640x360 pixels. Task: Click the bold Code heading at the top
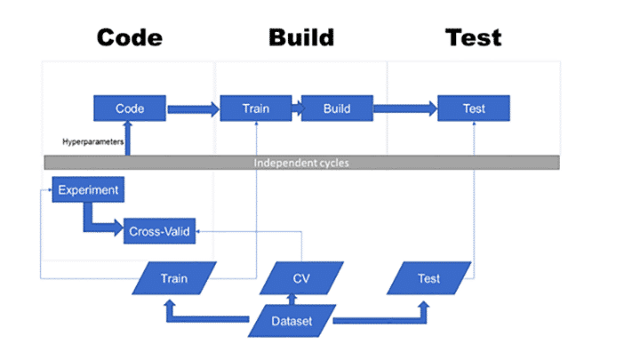(130, 37)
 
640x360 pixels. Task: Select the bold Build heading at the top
(300, 37)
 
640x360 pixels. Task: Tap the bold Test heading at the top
(473, 37)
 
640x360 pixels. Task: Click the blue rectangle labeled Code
(130, 109)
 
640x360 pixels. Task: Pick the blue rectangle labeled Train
(255, 109)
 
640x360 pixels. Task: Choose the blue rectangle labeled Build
(336, 109)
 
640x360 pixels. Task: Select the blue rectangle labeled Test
(473, 109)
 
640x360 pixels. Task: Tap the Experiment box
(86, 190)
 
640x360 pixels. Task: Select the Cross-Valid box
(159, 230)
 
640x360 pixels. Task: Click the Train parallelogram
(174, 278)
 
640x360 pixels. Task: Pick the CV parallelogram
(300, 278)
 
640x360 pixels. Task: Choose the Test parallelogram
(428, 278)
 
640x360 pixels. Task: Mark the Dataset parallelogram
(292, 320)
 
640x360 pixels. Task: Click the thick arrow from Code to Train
(192, 109)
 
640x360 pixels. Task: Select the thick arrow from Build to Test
(404, 109)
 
